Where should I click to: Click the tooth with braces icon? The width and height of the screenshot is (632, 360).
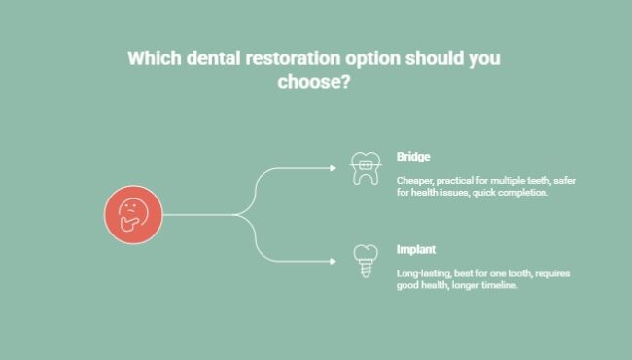tap(365, 169)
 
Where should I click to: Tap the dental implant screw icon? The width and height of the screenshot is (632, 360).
tap(365, 260)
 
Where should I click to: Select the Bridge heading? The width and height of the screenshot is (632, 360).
tap(412, 157)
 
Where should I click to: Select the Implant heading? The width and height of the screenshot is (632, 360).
tap(415, 249)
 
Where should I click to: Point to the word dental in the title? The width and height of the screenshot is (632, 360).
tap(216, 58)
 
